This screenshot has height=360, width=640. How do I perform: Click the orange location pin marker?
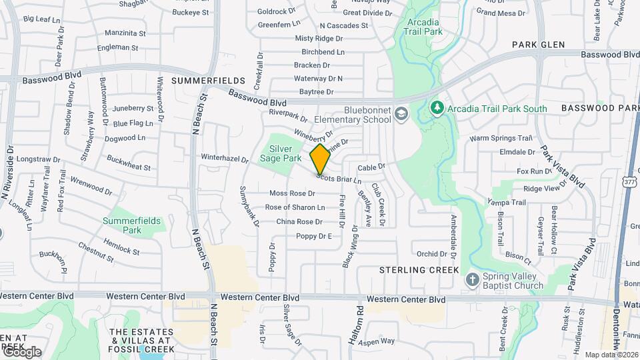coord(320,159)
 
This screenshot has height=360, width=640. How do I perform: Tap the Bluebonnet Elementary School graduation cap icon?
coord(401,114)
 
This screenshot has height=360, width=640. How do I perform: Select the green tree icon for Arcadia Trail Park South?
coord(437,108)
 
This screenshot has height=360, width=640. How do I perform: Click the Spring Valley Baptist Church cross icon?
coord(472,279)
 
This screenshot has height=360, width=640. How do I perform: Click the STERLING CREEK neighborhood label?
coord(419,270)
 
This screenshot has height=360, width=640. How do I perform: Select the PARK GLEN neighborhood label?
coord(539,45)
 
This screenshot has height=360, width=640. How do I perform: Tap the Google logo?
coord(21,352)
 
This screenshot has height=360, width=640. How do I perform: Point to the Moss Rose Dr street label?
coord(292,193)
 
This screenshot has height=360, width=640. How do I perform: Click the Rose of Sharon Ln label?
coord(295,207)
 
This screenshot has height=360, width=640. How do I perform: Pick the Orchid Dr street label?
coord(431,254)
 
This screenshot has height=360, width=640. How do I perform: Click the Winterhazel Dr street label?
coord(225,159)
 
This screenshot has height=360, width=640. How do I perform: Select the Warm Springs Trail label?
coord(501,139)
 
